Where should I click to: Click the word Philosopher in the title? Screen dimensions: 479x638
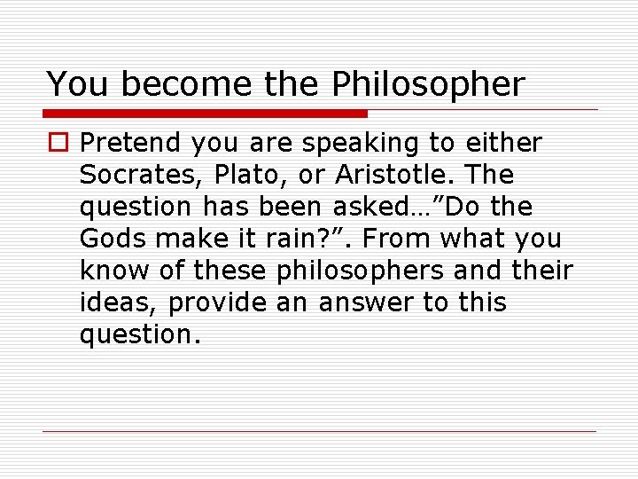tap(429, 84)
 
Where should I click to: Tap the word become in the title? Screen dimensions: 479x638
tap(183, 84)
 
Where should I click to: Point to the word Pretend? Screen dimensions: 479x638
tap(127, 143)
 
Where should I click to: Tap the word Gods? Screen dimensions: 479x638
tap(105, 239)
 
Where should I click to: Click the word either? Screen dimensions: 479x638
tap(505, 143)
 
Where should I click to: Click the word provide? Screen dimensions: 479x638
tap(213, 302)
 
